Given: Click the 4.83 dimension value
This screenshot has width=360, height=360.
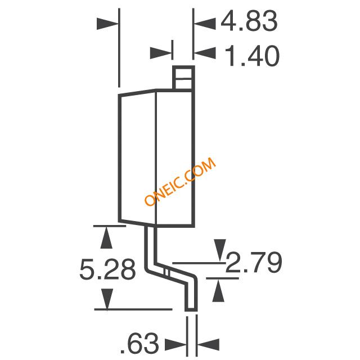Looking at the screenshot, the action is [x=249, y=21].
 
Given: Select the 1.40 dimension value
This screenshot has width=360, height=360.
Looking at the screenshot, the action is [x=252, y=56].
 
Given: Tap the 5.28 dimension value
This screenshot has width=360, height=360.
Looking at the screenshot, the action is [x=107, y=269].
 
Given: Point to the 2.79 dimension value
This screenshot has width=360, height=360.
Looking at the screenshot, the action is [x=254, y=263].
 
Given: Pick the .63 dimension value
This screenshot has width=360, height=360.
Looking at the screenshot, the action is [x=139, y=343].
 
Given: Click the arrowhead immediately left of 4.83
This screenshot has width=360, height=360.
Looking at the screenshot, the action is [x=205, y=24].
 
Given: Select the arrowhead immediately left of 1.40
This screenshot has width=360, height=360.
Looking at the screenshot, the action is [x=205, y=53].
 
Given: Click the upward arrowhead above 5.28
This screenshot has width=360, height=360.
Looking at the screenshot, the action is [x=106, y=237].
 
